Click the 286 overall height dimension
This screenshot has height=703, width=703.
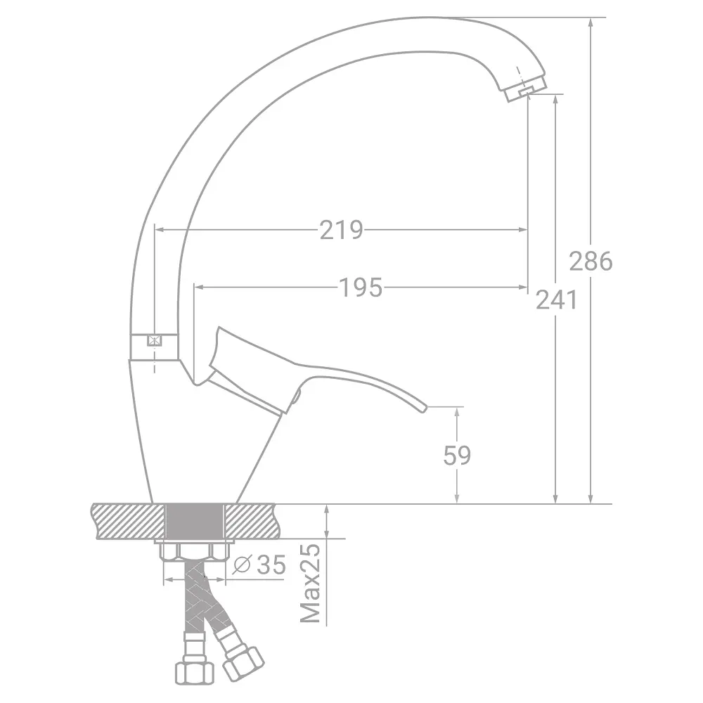(x=591, y=261)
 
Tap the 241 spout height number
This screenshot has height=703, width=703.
(x=556, y=299)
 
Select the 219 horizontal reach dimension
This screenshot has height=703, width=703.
(x=341, y=230)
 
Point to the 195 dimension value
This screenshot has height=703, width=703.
(x=361, y=288)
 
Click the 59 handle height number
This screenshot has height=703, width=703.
(x=457, y=456)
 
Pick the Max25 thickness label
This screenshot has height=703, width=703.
(x=310, y=583)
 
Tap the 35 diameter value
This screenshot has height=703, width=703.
(x=271, y=565)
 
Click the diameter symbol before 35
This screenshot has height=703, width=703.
(x=242, y=565)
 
